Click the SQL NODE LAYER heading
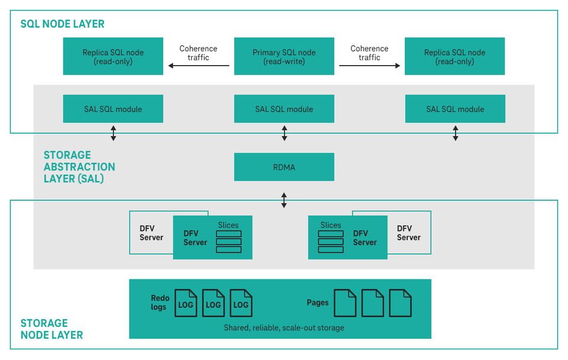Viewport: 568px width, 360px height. coord(62,24)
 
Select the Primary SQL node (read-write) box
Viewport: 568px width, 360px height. coord(284,56)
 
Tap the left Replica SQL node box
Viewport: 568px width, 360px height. coord(113,56)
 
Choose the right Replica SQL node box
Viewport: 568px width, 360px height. coord(454,56)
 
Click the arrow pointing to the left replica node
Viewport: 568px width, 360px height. coord(198,66)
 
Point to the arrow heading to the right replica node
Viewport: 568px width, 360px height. coord(369,66)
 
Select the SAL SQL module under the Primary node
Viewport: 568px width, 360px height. coord(284,109)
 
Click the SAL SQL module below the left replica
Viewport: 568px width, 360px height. coord(113,109)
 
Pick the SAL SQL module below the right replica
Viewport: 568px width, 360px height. coord(455,109)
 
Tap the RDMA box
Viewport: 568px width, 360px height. coord(284,167)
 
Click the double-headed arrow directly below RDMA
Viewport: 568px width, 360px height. coord(284,200)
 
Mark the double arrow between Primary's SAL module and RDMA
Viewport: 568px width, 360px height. coord(284,133)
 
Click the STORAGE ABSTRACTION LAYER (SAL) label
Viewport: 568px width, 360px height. coord(79,167)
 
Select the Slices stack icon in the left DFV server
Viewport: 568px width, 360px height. coord(228,242)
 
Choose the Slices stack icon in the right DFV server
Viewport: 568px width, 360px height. coord(331,242)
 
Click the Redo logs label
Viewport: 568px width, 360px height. coord(160,303)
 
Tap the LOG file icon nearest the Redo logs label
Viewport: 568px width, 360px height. coord(186,303)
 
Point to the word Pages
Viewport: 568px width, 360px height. coord(318,303)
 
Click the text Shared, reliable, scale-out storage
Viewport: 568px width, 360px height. coord(283,327)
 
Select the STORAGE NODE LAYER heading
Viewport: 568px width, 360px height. coord(51,329)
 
